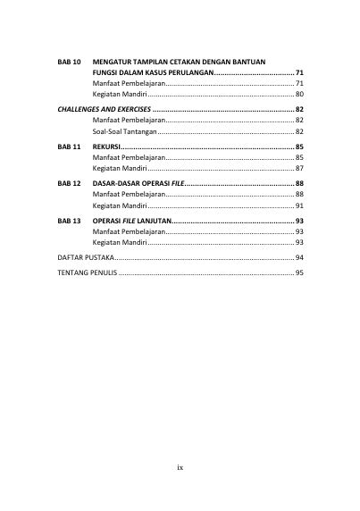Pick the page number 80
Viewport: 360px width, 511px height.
(x=299, y=94)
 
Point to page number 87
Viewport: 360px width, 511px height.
(x=299, y=168)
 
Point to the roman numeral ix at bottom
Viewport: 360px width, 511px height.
(x=180, y=467)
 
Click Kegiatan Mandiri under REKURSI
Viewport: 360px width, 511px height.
(x=120, y=168)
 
